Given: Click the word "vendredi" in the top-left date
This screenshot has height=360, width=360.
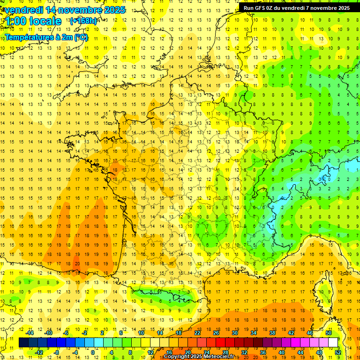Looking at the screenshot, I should [x=24, y=10].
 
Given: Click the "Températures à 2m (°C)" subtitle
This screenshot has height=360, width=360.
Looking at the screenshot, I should [x=46, y=37].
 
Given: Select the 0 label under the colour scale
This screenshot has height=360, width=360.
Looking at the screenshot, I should [x=93, y=352].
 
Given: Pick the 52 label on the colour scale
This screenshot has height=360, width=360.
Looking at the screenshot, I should [x=338, y=352].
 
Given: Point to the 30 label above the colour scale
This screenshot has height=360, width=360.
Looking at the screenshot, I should [x=235, y=333].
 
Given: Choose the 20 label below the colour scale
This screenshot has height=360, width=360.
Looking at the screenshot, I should [x=188, y=352].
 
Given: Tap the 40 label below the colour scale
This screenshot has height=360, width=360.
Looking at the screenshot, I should [x=282, y=352].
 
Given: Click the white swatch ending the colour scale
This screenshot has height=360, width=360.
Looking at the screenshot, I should [x=333, y=343].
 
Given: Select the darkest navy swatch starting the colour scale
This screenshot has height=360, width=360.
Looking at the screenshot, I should [x=24, y=343].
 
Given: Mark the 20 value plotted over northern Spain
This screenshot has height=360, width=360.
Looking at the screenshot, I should [x=77, y=263].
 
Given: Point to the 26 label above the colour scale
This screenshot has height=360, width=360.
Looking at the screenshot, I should [x=216, y=333].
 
